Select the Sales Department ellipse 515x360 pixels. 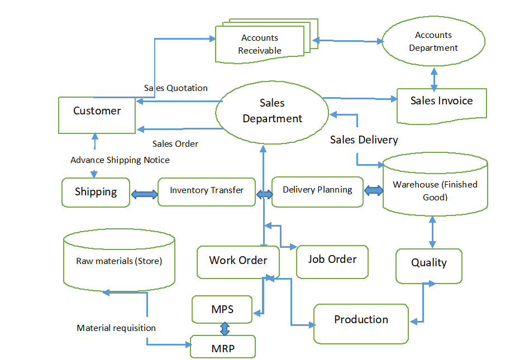(272, 111)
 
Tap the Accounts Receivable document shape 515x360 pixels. (260, 44)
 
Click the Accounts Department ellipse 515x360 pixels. (433, 42)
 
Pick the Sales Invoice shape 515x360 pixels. (441, 103)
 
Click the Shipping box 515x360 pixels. (96, 192)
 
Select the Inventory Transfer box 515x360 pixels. (207, 191)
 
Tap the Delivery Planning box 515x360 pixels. (317, 190)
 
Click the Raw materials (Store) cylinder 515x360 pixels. (119, 261)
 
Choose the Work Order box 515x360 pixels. (238, 261)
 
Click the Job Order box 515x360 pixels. (332, 261)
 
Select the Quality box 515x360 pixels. (429, 265)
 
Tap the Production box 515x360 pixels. (361, 323)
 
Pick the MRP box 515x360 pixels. (223, 347)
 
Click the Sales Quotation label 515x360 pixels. (176, 88)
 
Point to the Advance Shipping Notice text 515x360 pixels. (120, 160)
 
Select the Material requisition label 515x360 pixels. (116, 328)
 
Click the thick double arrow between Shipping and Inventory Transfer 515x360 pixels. (144, 195)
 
